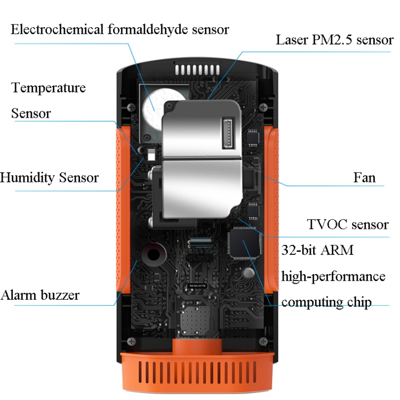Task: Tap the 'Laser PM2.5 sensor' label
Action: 334,40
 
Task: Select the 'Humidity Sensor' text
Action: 49,178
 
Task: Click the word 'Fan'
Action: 364,177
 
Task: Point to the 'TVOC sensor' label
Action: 348,225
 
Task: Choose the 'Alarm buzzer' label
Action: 40,295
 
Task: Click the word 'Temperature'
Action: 49,87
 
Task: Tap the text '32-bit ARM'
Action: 317,250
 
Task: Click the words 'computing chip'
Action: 326,302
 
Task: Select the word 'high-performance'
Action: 333,276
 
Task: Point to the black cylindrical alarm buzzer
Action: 155,254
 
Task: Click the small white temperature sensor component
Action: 150,155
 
